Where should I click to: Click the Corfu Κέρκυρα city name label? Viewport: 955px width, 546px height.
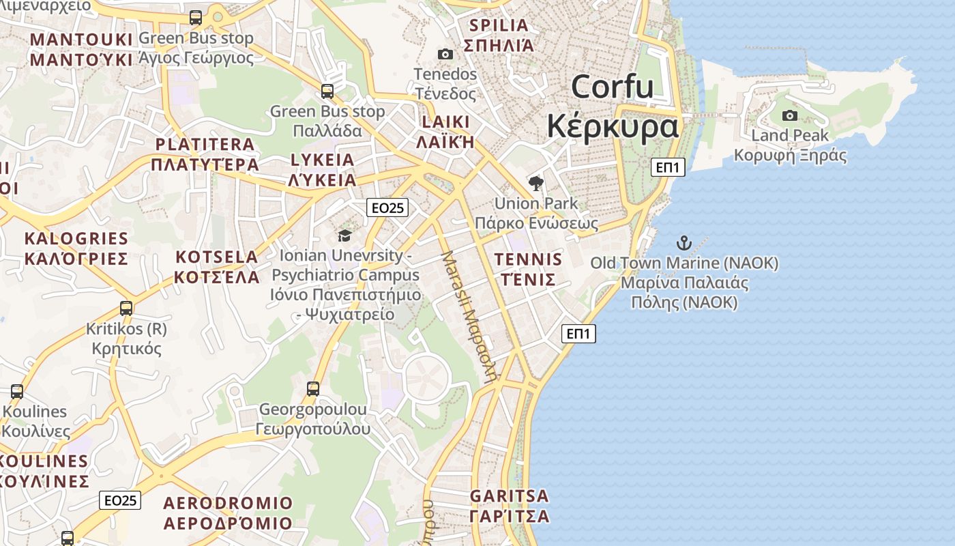pos(613,106)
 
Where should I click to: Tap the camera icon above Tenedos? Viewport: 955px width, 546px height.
pos(445,54)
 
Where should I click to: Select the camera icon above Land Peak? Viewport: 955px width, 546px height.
pos(790,115)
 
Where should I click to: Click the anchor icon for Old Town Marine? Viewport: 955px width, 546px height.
pos(684,243)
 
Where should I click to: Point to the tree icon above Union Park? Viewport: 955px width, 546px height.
pos(536,183)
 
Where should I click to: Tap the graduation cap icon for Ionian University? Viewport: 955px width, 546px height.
pos(345,235)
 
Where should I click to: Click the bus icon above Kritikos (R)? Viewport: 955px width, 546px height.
pos(126,308)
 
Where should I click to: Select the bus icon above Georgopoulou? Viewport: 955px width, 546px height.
pos(313,389)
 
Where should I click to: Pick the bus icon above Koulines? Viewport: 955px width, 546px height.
pos(17,392)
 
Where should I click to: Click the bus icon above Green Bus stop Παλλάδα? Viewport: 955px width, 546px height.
pos(327,91)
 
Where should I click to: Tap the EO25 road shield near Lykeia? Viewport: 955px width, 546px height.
pos(387,207)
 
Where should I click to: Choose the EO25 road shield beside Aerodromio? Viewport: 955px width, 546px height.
pos(120,500)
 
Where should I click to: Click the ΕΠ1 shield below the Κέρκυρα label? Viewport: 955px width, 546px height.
pos(668,167)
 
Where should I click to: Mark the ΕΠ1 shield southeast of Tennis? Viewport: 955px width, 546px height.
pos(578,334)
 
